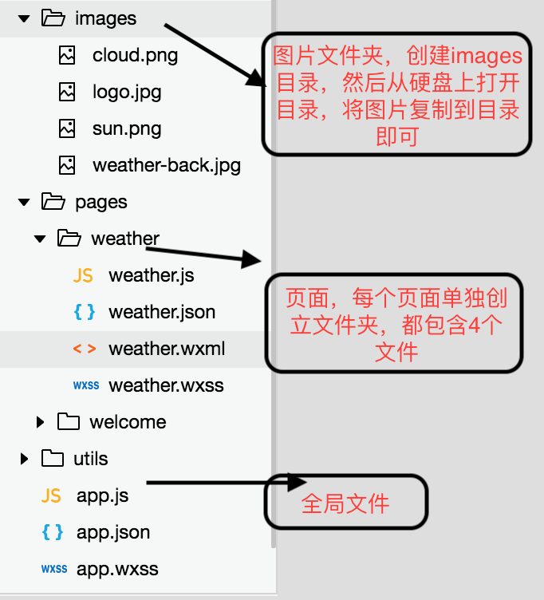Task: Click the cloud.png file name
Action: point(135,55)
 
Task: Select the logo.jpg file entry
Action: point(127,92)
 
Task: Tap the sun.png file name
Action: point(127,128)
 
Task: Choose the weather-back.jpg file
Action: point(166,165)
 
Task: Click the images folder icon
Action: point(53,18)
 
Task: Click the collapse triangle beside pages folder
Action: point(24,202)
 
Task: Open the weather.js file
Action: point(151,275)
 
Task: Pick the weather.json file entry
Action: point(162,312)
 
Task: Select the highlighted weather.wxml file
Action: point(167,349)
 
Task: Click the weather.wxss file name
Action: point(166,385)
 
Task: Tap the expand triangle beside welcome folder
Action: point(41,422)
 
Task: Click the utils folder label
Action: point(90,459)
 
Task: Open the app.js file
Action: point(102,495)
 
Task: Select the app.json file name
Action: point(113,532)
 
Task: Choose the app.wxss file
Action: point(117,569)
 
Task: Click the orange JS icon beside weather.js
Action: point(83,275)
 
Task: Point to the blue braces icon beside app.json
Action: point(51,532)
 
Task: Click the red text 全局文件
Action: point(345,504)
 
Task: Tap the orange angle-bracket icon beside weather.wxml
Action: point(84,349)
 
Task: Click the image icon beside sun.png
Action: point(68,128)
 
